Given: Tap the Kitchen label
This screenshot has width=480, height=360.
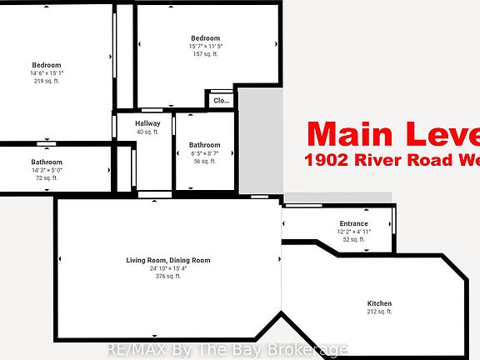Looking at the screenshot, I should pos(379,302).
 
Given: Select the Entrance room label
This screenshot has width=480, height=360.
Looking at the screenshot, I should pos(353,223).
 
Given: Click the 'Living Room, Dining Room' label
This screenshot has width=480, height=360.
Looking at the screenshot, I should pos(168,260).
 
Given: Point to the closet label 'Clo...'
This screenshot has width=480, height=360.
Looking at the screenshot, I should pos(221,101).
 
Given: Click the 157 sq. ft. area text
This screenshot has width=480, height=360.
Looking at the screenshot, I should pos(205,54).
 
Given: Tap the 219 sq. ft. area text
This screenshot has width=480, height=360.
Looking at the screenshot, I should pos(47,81).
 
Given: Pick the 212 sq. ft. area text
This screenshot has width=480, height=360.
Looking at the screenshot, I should pos(379,312).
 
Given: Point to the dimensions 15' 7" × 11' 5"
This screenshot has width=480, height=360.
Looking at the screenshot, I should pos(205,46).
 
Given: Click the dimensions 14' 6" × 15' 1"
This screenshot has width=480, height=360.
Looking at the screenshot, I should pos(47,73).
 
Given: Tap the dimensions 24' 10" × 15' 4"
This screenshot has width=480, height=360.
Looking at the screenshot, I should pos(168,268).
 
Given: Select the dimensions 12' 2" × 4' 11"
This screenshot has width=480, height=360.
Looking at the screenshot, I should pos(353,232).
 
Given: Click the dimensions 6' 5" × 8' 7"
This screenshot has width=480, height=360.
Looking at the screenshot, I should pos(204,153).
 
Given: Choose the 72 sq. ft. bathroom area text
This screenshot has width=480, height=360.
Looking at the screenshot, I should pos(47,178).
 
